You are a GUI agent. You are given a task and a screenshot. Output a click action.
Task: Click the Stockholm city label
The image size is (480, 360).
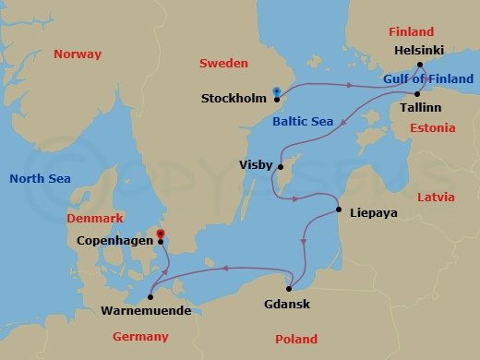(x=234, y=98)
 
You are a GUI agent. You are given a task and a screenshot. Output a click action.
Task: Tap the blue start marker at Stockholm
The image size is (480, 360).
(x=276, y=90)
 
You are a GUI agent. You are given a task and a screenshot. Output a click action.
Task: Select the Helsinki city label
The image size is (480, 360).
(x=420, y=51)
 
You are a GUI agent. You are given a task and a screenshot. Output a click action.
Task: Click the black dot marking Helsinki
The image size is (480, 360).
(x=420, y=65)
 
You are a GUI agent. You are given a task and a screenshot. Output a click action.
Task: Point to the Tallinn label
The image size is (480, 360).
(x=420, y=107)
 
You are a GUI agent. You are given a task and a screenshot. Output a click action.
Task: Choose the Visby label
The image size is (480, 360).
(x=255, y=165)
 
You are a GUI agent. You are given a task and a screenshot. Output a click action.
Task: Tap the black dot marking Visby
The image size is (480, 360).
(x=280, y=167)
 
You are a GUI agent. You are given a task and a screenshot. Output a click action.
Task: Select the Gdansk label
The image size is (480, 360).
(x=288, y=305)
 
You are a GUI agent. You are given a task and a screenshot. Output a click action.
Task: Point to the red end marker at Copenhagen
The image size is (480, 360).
(x=161, y=234)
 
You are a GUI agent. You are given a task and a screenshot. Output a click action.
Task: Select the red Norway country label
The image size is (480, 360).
(x=77, y=54)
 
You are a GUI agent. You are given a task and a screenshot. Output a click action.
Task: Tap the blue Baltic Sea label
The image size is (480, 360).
(x=303, y=121)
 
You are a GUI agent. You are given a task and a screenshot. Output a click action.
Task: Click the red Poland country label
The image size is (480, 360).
(x=295, y=340)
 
